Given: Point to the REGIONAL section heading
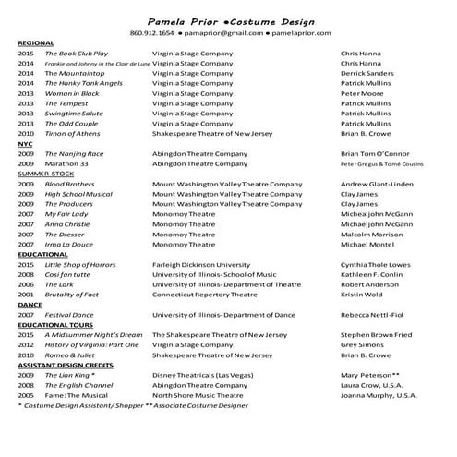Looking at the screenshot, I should pos(36,43).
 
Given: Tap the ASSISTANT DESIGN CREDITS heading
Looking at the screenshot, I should pos(72,366).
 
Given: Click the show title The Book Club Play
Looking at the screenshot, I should pos(77,54).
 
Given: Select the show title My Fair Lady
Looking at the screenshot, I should pos(66,214).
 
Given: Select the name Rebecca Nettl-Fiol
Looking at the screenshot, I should pos(379,315).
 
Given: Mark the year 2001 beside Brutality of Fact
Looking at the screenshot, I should pos(26,295).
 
